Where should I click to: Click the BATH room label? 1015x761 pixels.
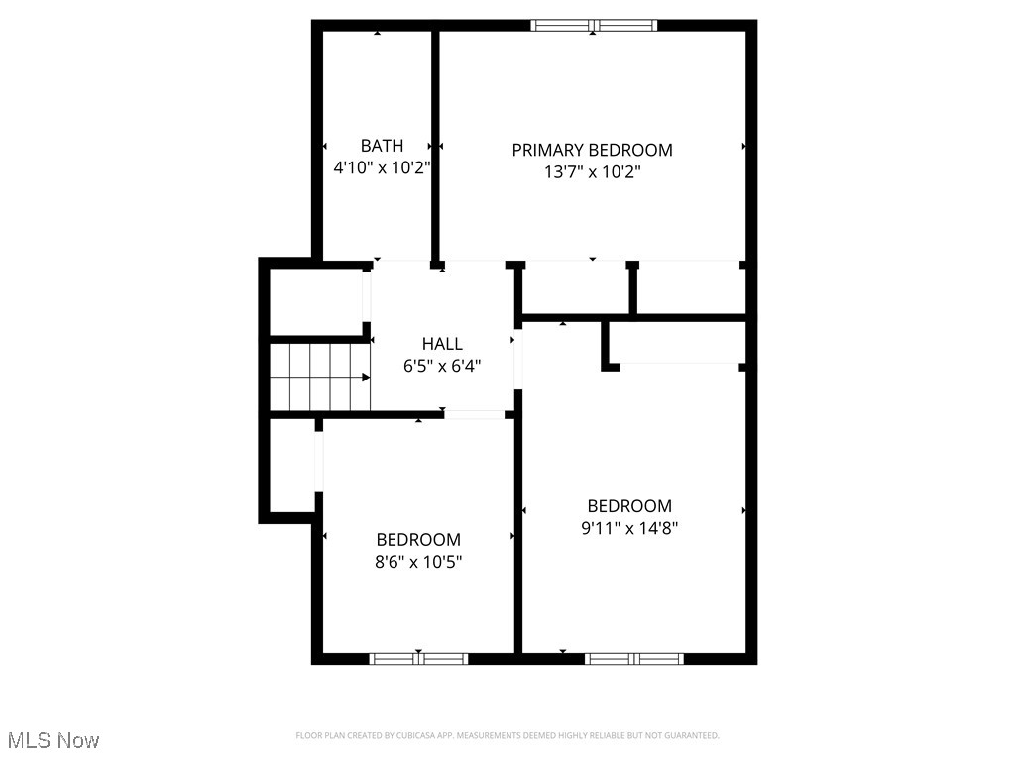pyautogui.click(x=382, y=146)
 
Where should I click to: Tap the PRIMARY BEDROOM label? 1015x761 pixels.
pyautogui.click(x=592, y=150)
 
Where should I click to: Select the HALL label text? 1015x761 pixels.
pyautogui.click(x=442, y=344)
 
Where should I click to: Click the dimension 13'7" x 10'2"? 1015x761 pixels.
pyautogui.click(x=592, y=171)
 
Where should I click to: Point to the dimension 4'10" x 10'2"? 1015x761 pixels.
pyautogui.click(x=382, y=167)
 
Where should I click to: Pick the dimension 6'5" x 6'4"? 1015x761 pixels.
pyautogui.click(x=442, y=366)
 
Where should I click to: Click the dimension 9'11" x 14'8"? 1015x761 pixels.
pyautogui.click(x=629, y=528)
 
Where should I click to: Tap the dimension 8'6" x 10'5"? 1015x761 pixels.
pyautogui.click(x=418, y=562)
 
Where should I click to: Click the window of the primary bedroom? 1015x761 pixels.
pyautogui.click(x=594, y=26)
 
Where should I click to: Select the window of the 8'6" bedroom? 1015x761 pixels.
pyautogui.click(x=418, y=658)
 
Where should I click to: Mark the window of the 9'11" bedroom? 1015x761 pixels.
pyautogui.click(x=634, y=658)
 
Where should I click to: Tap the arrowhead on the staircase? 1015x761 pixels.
pyautogui.click(x=366, y=378)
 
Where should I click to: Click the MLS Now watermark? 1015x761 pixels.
pyautogui.click(x=54, y=740)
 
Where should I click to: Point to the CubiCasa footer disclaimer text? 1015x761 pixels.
pyautogui.click(x=507, y=735)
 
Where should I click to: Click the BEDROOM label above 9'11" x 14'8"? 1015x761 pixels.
pyautogui.click(x=629, y=506)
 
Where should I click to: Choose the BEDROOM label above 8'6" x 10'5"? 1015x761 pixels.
pyautogui.click(x=418, y=540)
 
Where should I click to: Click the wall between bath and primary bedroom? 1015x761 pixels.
pyautogui.click(x=435, y=144)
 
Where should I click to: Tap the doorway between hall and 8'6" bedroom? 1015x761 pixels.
pyautogui.click(x=474, y=414)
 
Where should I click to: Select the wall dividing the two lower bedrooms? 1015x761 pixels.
pyautogui.click(x=517, y=535)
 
